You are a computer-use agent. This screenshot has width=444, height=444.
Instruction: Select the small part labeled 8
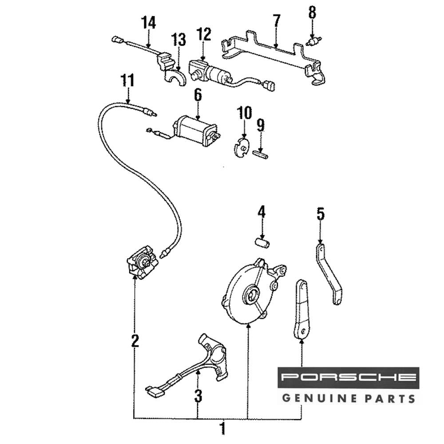pos(313,42)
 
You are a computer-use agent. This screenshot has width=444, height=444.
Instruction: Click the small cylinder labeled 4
pos(262,243)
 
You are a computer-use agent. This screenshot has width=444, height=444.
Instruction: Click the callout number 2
pos(135,341)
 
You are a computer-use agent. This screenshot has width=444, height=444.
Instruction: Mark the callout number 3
pos(198,395)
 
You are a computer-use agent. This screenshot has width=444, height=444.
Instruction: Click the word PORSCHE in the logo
pos(349,378)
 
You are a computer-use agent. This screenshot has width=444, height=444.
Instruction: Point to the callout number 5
pos(320,214)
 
